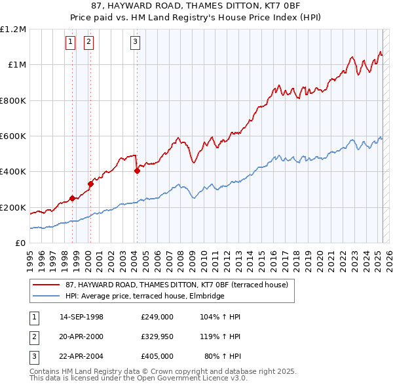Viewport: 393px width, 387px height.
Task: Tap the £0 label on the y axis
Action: pos(20,243)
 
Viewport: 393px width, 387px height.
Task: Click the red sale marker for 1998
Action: pos(72,198)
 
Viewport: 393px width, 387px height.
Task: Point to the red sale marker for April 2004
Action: pos(137,171)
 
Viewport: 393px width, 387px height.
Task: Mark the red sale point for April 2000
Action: pos(91,184)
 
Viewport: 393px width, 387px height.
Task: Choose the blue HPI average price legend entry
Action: pos(144,296)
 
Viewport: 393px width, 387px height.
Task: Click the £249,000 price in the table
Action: pos(157,316)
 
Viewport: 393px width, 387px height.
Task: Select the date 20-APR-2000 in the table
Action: pos(81,336)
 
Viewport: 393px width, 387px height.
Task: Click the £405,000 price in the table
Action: pos(157,357)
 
